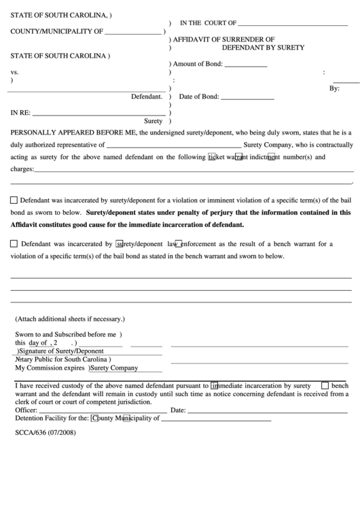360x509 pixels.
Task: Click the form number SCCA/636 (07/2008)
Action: click(43, 431)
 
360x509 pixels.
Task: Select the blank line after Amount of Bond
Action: click(245, 65)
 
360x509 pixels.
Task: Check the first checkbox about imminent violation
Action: click(14, 200)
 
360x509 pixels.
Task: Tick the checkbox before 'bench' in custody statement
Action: click(325, 385)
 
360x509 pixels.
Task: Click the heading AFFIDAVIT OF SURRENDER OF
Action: click(223, 39)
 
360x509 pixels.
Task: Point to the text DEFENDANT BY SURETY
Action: click(263, 48)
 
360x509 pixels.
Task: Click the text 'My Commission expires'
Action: click(50, 368)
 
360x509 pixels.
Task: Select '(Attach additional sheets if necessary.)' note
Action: click(70, 319)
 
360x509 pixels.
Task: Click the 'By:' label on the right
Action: click(334, 89)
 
